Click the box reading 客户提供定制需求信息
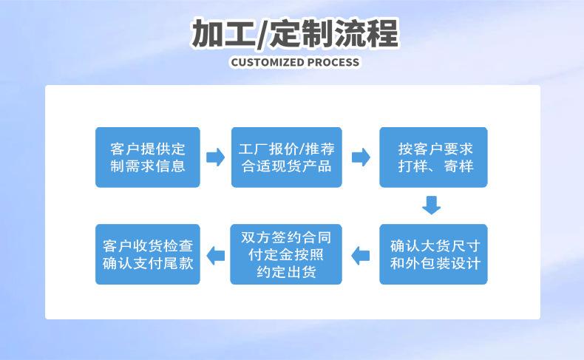point(148,157)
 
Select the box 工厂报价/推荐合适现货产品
point(286,157)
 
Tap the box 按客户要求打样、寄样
point(433,157)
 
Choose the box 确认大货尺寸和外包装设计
point(433,254)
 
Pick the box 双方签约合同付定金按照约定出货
point(286,254)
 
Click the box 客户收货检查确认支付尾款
point(148,254)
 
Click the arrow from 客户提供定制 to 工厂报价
point(216,157)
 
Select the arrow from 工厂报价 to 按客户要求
point(361,157)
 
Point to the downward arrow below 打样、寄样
point(431,205)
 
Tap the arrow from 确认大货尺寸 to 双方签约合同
point(361,256)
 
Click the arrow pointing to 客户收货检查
point(216,256)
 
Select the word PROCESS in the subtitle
point(333,62)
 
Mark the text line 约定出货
point(286,272)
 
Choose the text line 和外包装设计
point(435,263)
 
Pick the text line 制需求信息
point(148,166)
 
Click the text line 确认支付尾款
point(148,263)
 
